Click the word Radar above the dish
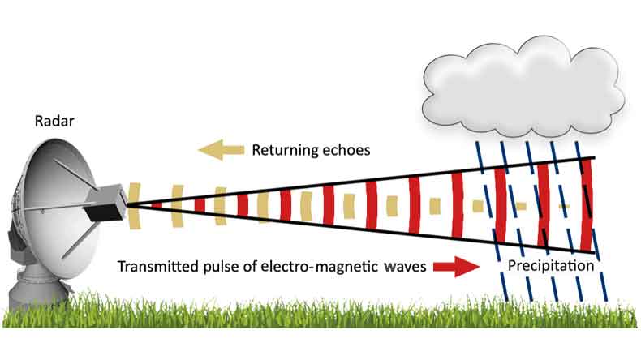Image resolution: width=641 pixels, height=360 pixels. [x=54, y=122]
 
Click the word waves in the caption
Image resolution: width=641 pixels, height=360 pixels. [x=398, y=266]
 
